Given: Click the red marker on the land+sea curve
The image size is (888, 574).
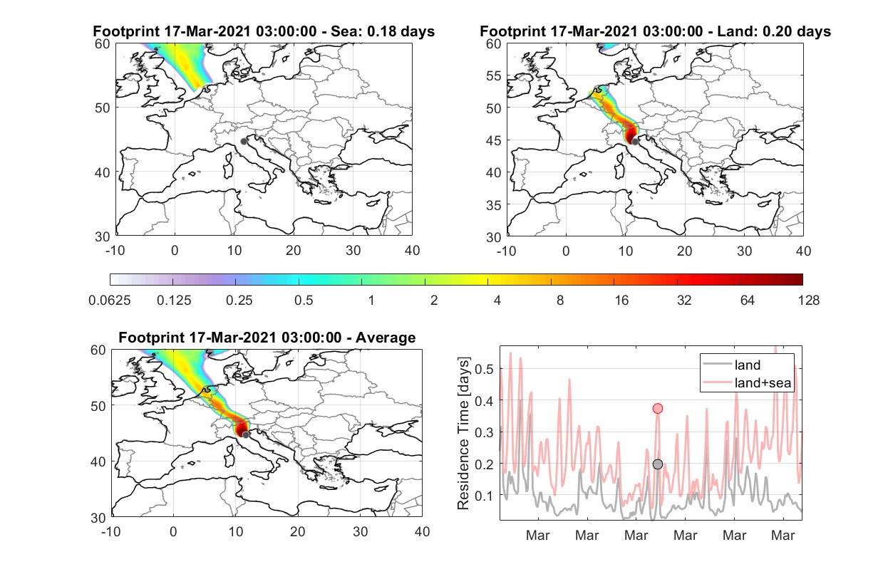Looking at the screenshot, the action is pos(658,408).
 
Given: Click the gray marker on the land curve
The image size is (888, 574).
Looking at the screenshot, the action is pos(658,464).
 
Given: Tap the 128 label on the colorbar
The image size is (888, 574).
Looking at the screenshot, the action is pos(808,301).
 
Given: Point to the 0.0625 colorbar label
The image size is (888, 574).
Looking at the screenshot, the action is pos(110,301).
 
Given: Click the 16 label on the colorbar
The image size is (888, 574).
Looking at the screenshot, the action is pos(621,301).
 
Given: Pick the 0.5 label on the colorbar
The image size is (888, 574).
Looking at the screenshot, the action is pos(304,301).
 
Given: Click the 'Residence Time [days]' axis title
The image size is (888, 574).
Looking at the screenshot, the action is pos(463,434).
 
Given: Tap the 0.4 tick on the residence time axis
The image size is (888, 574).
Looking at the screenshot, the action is pos(484,401).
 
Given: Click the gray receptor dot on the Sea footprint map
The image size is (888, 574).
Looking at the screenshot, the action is pos(244,142).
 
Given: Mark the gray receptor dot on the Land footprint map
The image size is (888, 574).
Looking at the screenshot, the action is pos(635,142).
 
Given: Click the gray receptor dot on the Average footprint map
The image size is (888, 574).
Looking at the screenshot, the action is pos(246,435).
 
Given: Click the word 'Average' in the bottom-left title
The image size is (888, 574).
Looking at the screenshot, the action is pos(386,338).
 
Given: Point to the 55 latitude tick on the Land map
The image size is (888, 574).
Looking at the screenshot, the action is pos(494,75).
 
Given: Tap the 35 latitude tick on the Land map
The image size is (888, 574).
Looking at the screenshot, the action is pos(494,205).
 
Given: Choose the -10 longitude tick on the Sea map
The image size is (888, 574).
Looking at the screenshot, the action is pos(115,251).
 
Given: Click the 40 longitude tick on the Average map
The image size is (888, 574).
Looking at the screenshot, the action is pos(422,531).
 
